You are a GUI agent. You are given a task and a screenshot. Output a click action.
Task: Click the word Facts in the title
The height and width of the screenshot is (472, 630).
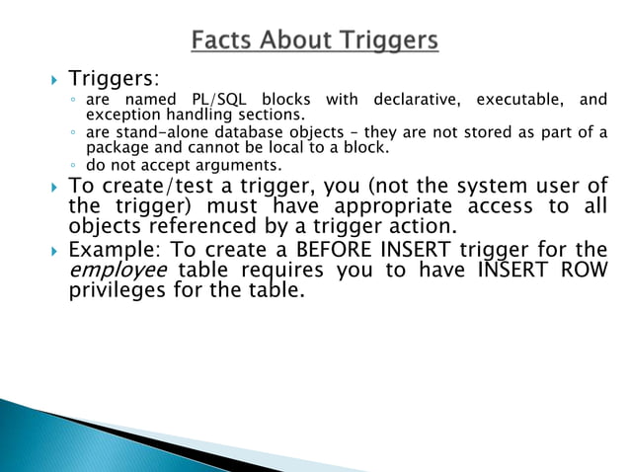click(223, 41)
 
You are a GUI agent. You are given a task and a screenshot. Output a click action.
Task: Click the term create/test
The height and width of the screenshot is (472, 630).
click(154, 186)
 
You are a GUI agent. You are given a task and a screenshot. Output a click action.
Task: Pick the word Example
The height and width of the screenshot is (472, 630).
click(110, 251)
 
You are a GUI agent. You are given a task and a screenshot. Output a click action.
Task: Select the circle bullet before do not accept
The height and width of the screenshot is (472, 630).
click(74, 164)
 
